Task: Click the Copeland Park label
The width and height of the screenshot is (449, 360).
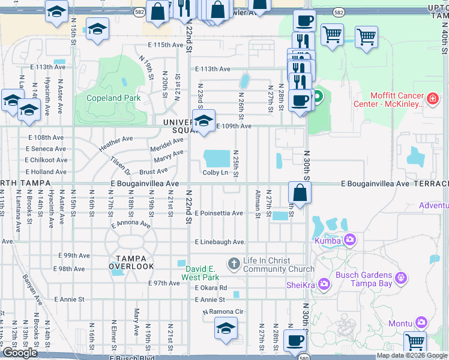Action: (113, 98)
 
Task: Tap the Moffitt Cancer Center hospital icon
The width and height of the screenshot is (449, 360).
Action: (432, 97)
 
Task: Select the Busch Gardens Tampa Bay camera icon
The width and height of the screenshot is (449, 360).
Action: (402, 278)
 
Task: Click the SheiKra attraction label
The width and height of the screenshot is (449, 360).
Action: (301, 284)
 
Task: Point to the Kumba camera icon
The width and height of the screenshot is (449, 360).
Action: (349, 241)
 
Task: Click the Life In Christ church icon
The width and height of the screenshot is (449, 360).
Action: (234, 263)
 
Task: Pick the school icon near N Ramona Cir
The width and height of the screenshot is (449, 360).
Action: (226, 328)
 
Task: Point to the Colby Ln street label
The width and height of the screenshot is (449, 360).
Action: (215, 173)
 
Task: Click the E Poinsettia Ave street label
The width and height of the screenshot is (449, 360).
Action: (218, 213)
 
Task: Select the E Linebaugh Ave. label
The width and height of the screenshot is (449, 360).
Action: (220, 242)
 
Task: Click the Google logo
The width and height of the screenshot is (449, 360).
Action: (20, 353)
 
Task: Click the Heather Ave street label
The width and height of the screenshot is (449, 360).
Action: (116, 143)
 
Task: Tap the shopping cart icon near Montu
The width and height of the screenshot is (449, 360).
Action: (415, 342)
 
